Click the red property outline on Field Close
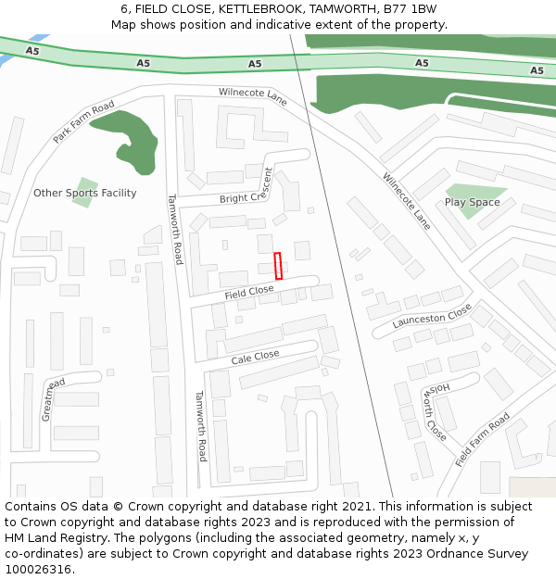point(278,265)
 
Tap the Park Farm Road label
point(83,121)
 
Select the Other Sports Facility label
point(84,193)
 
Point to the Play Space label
point(472,202)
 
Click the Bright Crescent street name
point(246,191)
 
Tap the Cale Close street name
point(255,358)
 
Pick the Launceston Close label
point(432,317)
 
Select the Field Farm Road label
point(483,439)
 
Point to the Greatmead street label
point(53,399)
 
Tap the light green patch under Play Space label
point(468,211)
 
